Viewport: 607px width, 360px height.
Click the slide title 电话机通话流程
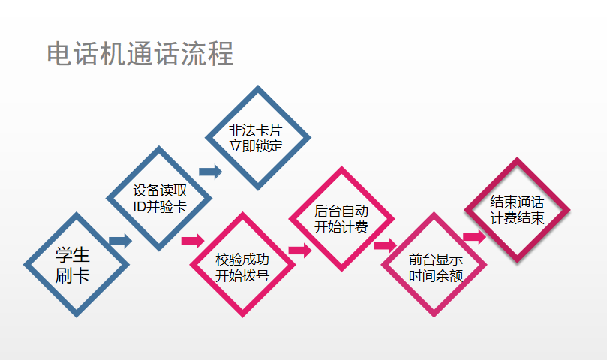pyautogui.click(x=140, y=54)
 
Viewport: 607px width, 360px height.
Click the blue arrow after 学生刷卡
pyautogui.click(x=120, y=241)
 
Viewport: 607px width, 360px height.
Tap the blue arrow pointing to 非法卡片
pyautogui.click(x=211, y=172)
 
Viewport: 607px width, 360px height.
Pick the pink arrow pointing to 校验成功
pyautogui.click(x=193, y=241)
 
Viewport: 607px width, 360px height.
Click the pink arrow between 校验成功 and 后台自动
pyautogui.click(x=299, y=250)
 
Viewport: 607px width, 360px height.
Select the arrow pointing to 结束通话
pyautogui.click(x=474, y=237)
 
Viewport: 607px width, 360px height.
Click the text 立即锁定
pyautogui.click(x=256, y=145)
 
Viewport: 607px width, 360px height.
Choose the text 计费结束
pyautogui.click(x=517, y=218)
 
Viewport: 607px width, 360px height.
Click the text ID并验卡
pyautogui.click(x=159, y=207)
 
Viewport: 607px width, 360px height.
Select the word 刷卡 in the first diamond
pyautogui.click(x=73, y=275)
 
